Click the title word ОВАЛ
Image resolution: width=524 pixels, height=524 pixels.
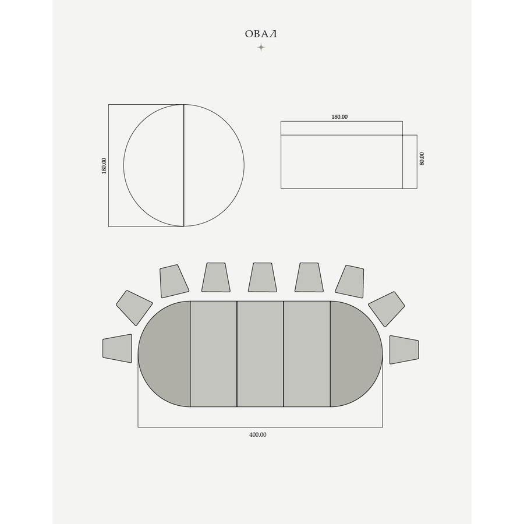pos(261,34)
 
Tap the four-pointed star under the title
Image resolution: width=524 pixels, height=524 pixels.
pos(261,48)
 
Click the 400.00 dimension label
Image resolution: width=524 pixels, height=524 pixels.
pos(258,435)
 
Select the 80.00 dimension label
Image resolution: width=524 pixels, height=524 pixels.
pos(422,158)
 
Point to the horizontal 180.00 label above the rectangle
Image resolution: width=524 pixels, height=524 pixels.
pos(339,117)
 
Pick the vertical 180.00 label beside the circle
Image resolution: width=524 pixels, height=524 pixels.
pos(104,166)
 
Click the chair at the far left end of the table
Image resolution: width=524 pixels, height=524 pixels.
pos(117,348)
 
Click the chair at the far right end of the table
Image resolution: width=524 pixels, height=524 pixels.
pos(404,349)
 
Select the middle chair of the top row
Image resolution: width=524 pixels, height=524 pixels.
pos(263,277)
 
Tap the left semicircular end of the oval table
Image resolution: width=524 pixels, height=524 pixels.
pos(164,354)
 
